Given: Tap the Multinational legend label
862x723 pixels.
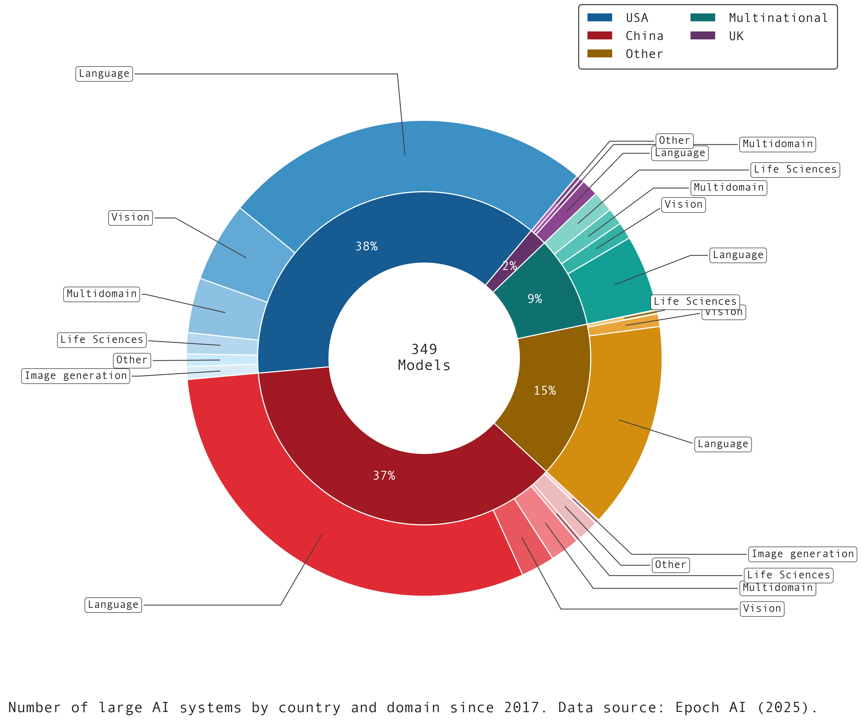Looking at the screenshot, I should (x=778, y=18).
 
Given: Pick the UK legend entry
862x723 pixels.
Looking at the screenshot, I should (x=736, y=36).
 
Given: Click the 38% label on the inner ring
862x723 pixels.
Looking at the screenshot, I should (x=366, y=246).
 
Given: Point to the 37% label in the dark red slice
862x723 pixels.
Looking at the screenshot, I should (x=384, y=475).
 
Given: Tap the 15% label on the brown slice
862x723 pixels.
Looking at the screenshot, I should (x=545, y=390).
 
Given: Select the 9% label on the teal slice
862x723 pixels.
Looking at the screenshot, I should (x=534, y=299).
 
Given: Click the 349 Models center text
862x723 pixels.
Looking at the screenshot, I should (x=424, y=357).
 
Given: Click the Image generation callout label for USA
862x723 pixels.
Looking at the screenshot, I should (x=76, y=376).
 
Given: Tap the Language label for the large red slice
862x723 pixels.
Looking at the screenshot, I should (x=113, y=605).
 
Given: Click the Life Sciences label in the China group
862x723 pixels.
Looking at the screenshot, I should (x=789, y=575).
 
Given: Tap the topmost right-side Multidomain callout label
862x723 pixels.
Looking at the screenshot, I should (x=778, y=144).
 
